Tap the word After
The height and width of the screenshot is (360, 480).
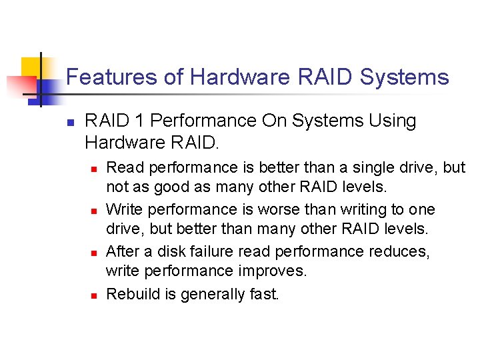point(123,251)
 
